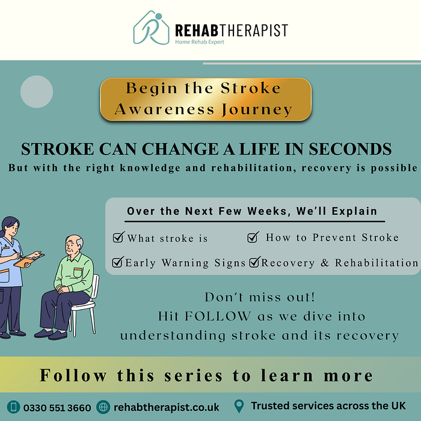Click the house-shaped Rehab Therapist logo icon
tap(151, 28)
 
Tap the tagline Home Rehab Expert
tap(200, 42)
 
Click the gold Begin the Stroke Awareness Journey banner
tap(206, 99)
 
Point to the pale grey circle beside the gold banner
tap(37, 91)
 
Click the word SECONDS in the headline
tap(350, 149)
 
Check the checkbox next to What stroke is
tap(118, 237)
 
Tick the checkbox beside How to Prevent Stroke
tap(253, 237)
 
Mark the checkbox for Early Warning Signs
tap(118, 262)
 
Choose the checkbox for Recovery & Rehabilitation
tap(254, 262)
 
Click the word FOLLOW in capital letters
tap(218, 316)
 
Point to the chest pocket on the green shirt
tap(78, 272)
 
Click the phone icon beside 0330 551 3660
tap(13, 407)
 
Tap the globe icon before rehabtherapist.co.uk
tap(103, 407)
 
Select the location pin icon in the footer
tap(239, 406)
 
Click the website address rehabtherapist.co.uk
tap(167, 407)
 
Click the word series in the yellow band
tap(193, 375)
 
